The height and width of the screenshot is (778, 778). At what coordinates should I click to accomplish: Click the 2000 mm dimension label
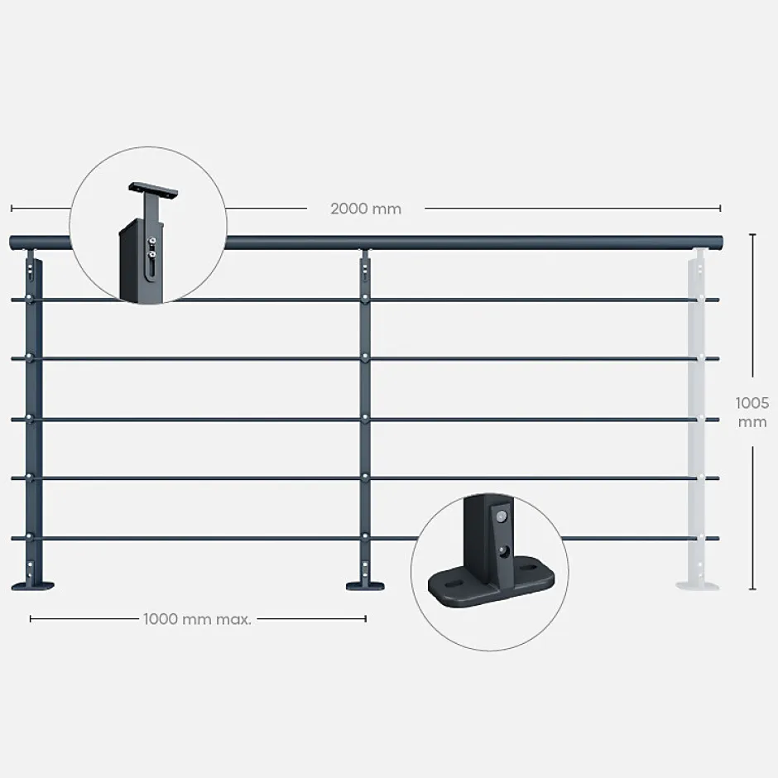pyautogui.click(x=366, y=209)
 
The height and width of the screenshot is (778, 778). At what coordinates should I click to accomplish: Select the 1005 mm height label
pyautogui.click(x=752, y=412)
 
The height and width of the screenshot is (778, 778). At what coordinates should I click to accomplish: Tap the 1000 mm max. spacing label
pyautogui.click(x=197, y=618)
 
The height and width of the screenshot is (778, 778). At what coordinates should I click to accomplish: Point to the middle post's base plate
pyautogui.click(x=364, y=586)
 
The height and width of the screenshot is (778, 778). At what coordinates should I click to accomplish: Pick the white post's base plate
pyautogui.click(x=698, y=586)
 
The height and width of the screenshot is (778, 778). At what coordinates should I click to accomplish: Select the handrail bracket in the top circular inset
pyautogui.click(x=156, y=191)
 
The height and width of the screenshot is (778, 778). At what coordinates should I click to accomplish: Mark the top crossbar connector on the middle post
pyautogui.click(x=364, y=299)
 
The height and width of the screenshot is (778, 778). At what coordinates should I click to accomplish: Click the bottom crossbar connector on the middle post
pyautogui.click(x=364, y=538)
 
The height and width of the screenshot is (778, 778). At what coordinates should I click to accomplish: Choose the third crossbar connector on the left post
pyautogui.click(x=31, y=419)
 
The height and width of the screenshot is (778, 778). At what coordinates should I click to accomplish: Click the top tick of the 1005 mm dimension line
pyautogui.click(x=752, y=235)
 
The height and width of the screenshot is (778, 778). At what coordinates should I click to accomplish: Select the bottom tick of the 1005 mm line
pyautogui.click(x=752, y=589)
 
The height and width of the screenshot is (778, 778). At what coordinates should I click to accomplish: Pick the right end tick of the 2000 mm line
pyautogui.click(x=720, y=209)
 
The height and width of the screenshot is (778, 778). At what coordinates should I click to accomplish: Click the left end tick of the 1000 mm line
pyautogui.click(x=31, y=618)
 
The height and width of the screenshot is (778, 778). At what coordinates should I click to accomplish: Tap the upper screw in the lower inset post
pyautogui.click(x=500, y=516)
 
